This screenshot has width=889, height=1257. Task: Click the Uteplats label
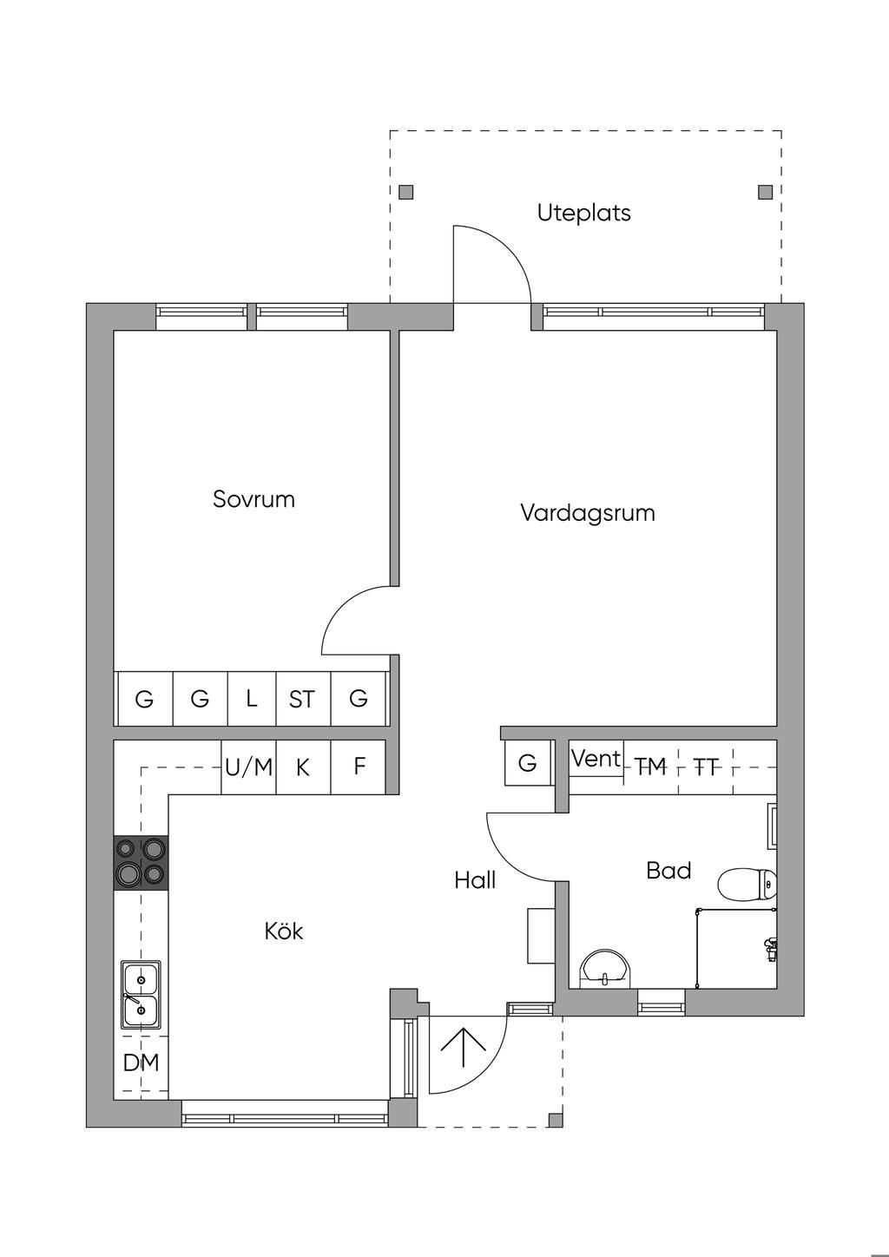tap(583, 213)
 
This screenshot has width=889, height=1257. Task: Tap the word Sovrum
tap(254, 499)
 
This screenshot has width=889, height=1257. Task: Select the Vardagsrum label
tap(587, 512)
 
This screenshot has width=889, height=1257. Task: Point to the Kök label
tap(284, 931)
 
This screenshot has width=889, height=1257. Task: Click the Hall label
tap(475, 880)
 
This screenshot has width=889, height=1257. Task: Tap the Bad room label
tap(668, 870)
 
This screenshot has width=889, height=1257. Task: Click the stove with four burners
tap(141, 862)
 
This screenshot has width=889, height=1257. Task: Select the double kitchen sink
tap(140, 995)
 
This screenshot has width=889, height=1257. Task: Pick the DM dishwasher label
tap(141, 1062)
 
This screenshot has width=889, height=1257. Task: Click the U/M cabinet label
tap(248, 767)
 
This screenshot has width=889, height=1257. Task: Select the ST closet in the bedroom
tap(302, 699)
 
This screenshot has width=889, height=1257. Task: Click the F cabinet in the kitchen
tap(359, 767)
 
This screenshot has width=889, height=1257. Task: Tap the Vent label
tap(596, 759)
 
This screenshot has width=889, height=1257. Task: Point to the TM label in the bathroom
tap(650, 767)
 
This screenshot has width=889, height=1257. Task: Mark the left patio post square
tap(406, 192)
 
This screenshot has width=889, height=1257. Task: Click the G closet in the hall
tap(527, 763)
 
